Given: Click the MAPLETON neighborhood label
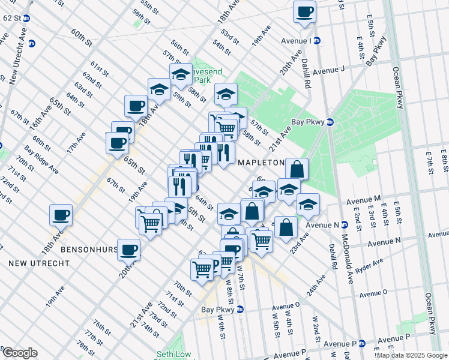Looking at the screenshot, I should point(261,163).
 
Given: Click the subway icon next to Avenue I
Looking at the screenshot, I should point(316,41).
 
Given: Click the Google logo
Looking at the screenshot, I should point(19,353).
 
